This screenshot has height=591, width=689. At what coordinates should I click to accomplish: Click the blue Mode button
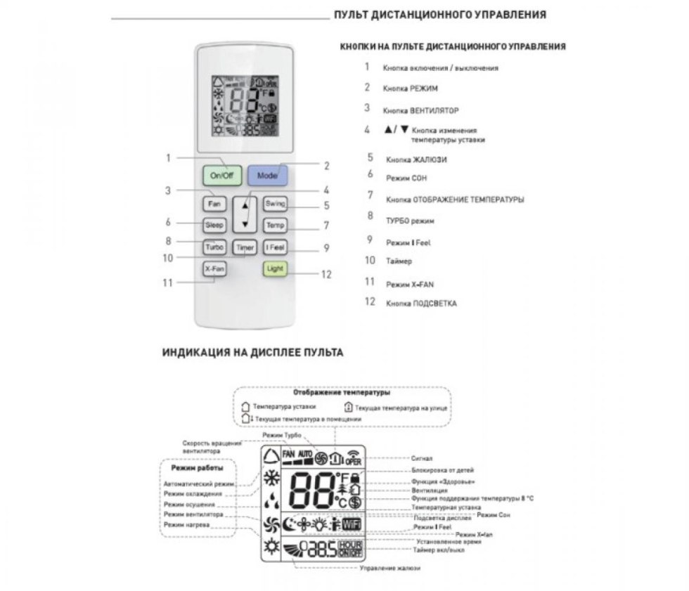(266, 175)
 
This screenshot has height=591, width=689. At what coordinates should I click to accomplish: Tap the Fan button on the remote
(214, 204)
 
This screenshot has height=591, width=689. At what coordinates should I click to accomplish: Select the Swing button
(274, 204)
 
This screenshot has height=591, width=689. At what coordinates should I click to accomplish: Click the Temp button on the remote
(274, 226)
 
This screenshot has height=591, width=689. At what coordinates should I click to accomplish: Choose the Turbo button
(214, 247)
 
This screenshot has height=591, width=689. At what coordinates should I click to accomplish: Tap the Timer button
(245, 248)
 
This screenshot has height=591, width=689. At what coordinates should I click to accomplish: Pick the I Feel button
(274, 247)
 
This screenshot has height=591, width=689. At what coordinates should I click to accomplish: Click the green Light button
(274, 268)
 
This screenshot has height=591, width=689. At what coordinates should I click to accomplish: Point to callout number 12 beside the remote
(326, 275)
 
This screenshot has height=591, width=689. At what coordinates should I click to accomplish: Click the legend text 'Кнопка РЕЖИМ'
(411, 89)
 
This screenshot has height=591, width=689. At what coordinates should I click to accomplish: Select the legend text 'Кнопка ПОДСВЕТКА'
(421, 304)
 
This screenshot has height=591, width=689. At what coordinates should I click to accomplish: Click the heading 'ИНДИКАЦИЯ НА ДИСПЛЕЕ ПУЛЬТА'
(253, 353)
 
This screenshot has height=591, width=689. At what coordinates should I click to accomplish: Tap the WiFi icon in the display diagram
(351, 524)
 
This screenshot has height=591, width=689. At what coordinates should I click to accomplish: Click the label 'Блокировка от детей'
(442, 470)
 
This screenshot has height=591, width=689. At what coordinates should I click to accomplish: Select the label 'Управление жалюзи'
(389, 568)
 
